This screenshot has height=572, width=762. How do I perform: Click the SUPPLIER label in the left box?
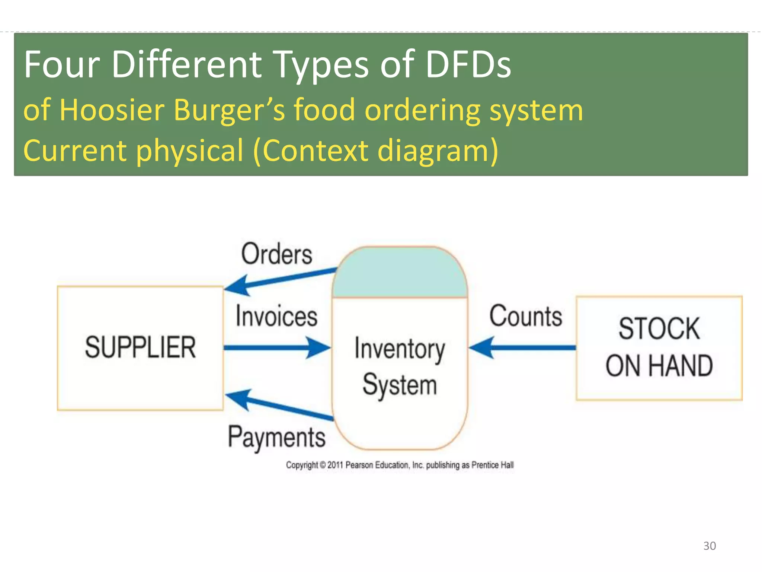click(140, 347)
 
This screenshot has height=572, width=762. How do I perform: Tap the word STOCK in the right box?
click(659, 328)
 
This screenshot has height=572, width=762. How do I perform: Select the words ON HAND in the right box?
click(659, 366)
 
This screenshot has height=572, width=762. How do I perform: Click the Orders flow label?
click(276, 254)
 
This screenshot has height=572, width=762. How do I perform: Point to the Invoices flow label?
click(276, 316)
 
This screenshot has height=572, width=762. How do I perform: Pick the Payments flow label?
click(276, 437)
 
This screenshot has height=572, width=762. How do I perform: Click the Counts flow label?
click(525, 316)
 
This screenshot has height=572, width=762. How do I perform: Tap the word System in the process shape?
click(400, 385)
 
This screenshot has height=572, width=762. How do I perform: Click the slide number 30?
click(709, 546)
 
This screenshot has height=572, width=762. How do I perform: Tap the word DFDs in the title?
click(468, 64)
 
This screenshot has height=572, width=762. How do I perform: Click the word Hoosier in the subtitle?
click(112, 110)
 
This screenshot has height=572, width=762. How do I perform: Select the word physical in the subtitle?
click(190, 151)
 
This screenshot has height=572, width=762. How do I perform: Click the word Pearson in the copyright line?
click(359, 465)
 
